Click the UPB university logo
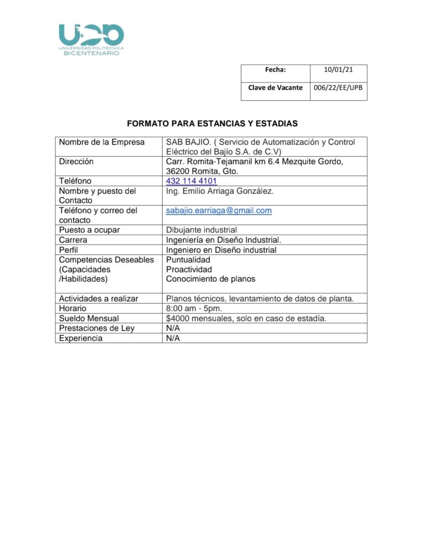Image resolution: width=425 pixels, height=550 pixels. [92, 39]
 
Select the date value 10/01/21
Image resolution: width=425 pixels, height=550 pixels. [338, 70]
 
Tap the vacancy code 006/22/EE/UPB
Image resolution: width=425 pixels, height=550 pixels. [338, 87]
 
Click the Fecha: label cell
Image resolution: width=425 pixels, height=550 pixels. [275, 70]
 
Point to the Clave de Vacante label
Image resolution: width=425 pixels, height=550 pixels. [275, 87]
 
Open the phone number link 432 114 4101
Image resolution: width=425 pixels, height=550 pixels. [191, 181]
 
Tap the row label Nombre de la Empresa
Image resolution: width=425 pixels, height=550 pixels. [101, 142]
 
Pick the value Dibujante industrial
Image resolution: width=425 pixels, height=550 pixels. [201, 230]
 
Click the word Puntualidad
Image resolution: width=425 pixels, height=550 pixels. [188, 260]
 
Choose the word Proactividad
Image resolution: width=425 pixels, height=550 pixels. [189, 269]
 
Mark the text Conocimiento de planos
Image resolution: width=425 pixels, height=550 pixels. [210, 279]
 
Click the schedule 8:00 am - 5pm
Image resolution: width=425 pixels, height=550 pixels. [198, 308]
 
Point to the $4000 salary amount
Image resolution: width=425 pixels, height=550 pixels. [178, 318]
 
